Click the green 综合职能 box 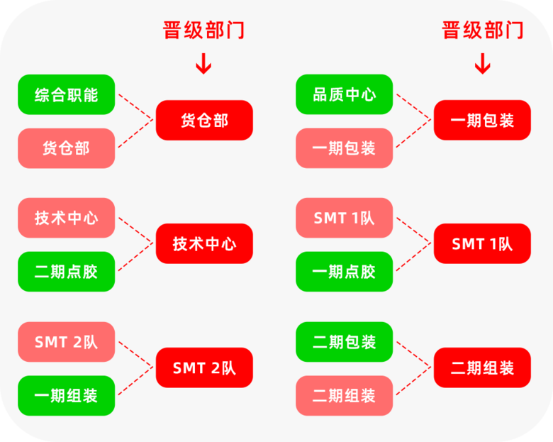[67, 94]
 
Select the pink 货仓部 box [67, 148]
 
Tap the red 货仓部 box [204, 121]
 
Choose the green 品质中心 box [345, 94]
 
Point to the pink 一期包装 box [345, 148]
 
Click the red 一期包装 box [482, 121]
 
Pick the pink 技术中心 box [67, 218]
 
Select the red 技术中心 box [204, 243]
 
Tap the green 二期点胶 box [67, 272]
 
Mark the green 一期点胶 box [345, 272]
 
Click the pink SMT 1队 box [345, 218]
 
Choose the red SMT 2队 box [204, 368]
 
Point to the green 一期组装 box [67, 396]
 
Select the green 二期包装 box [345, 342]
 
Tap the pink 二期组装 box [345, 396]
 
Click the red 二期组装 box [482, 368]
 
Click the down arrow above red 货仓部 [203, 64]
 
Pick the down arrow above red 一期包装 [483, 64]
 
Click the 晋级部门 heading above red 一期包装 [483, 30]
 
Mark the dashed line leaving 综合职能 [136, 107]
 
